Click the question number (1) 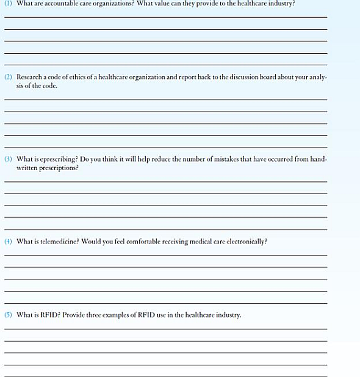[x=8, y=3]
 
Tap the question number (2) [x=8, y=77]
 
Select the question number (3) [x=8, y=159]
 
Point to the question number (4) [x=8, y=242]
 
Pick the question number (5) [x=8, y=315]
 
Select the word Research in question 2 [x=30, y=77]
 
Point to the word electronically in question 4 [x=244, y=242]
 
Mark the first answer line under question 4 [x=165, y=255]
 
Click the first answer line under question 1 [x=165, y=16]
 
